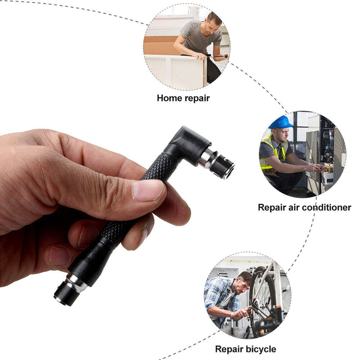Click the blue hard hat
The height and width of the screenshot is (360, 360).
[281, 122]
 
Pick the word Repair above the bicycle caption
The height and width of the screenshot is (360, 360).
[228, 349]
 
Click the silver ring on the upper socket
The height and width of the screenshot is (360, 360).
[208, 158]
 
